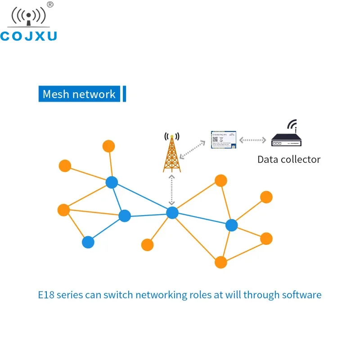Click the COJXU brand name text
(28, 36)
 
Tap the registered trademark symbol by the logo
(50, 4)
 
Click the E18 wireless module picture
(224, 139)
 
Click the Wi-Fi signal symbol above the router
(292, 124)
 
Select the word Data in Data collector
(268, 159)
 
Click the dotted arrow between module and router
(253, 140)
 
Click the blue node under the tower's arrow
(172, 213)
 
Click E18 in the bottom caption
(45, 295)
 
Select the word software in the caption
(301, 295)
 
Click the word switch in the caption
(118, 295)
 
